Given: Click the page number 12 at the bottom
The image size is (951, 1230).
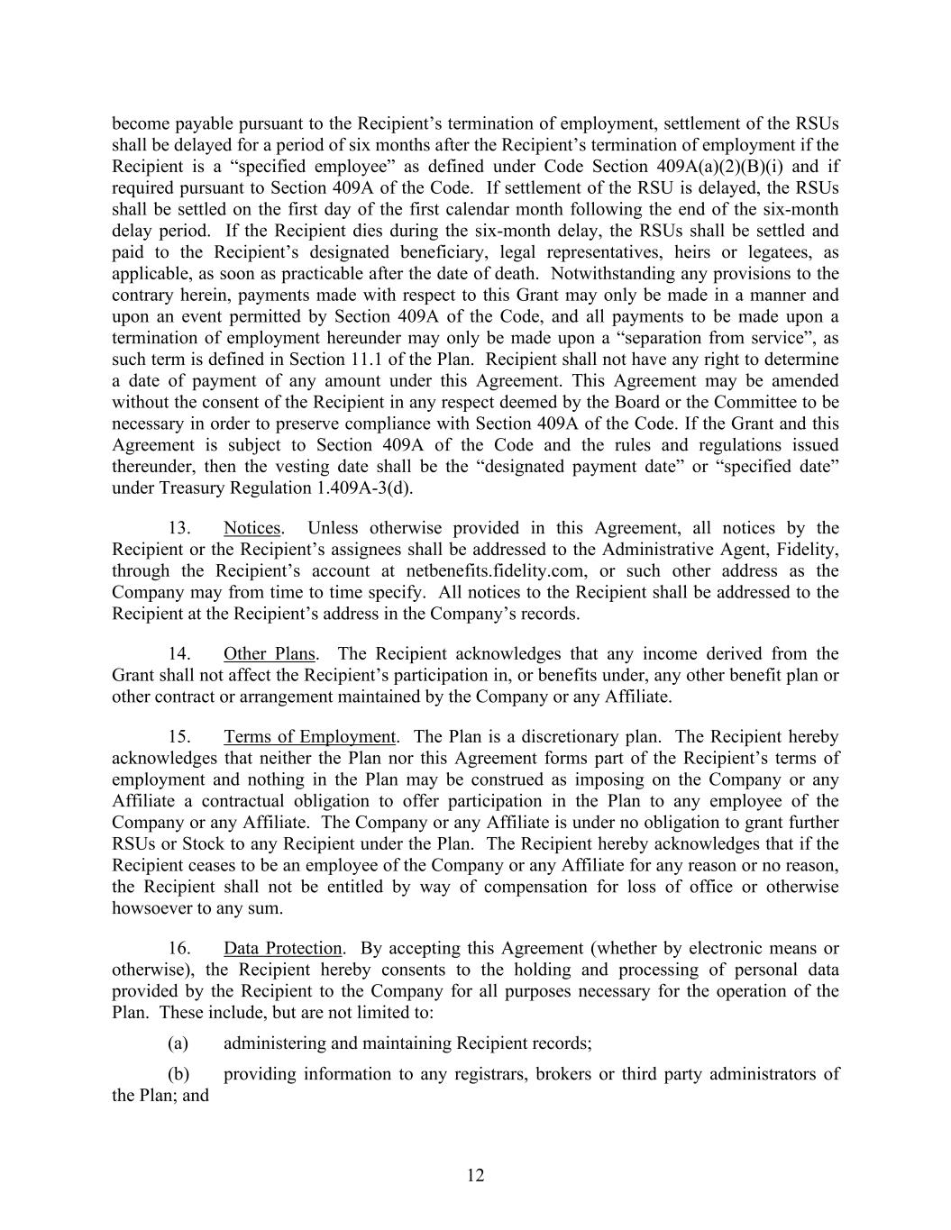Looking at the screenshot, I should click(x=476, y=1175).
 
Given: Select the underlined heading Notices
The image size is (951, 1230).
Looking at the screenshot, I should click(x=252, y=528).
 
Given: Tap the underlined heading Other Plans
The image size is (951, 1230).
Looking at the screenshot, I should click(x=270, y=654).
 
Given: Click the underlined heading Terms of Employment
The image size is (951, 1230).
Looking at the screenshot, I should click(x=310, y=737).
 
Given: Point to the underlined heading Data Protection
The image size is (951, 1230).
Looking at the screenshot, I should click(x=283, y=948).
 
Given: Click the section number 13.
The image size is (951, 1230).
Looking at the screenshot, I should click(x=179, y=528).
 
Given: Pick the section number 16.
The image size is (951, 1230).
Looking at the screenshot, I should click(x=179, y=948).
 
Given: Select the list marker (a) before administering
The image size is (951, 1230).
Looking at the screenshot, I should click(x=178, y=1043).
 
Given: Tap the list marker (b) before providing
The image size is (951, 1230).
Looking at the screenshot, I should click(x=178, y=1074).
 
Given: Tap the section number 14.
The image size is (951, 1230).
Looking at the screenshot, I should click(x=179, y=654).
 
